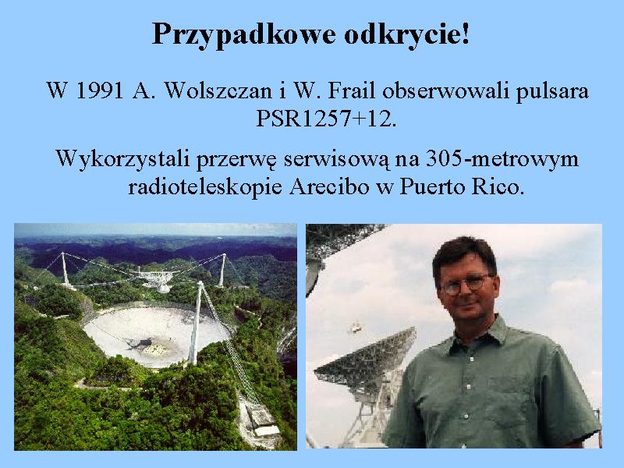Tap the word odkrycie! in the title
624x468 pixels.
[x=406, y=34]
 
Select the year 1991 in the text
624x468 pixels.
[x=99, y=90]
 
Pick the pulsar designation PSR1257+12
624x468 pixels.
[x=326, y=119]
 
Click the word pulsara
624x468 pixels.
[x=552, y=92]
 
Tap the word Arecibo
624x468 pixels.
[x=329, y=186]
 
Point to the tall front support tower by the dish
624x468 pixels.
[x=196, y=322]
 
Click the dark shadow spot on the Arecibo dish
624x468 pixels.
[x=140, y=343]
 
